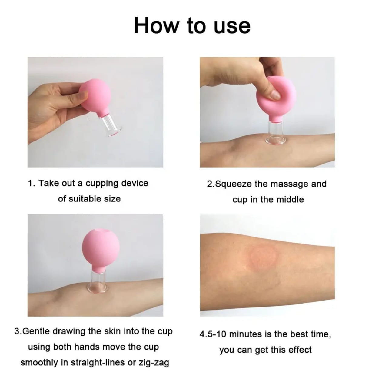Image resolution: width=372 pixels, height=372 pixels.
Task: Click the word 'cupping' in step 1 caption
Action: [102, 184]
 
